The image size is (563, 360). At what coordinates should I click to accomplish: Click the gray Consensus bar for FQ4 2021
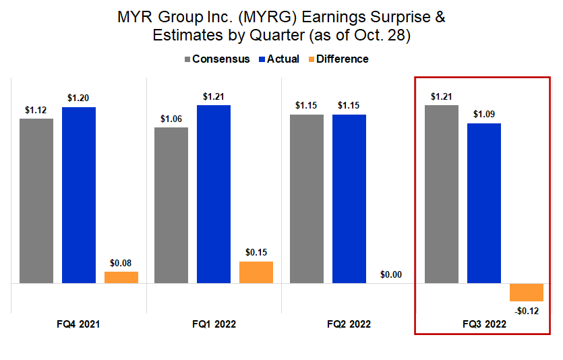click(36, 201)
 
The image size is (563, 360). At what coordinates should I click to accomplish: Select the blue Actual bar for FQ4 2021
click(79, 195)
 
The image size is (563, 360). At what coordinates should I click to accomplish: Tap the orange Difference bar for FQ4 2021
click(121, 277)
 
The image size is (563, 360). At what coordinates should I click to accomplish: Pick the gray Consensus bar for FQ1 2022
click(171, 205)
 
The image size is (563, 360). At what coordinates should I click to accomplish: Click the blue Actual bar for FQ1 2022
click(214, 194)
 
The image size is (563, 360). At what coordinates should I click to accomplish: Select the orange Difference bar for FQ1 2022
click(256, 272)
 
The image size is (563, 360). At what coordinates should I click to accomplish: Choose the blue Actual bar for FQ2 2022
click(349, 198)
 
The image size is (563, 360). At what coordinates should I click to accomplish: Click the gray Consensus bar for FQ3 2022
click(442, 194)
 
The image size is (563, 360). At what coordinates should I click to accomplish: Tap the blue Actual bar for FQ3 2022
click(484, 203)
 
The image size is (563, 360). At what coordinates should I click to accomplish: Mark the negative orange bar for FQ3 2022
click(527, 292)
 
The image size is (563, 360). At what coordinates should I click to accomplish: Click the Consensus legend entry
click(215, 59)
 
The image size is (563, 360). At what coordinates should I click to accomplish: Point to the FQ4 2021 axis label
click(78, 324)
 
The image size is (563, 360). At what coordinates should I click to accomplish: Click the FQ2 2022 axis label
click(349, 324)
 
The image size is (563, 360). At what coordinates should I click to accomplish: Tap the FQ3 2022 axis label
click(484, 324)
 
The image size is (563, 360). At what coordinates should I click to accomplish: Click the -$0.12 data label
click(527, 311)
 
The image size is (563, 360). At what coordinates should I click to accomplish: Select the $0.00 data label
click(392, 274)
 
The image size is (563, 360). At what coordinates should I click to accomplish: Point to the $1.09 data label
click(484, 114)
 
